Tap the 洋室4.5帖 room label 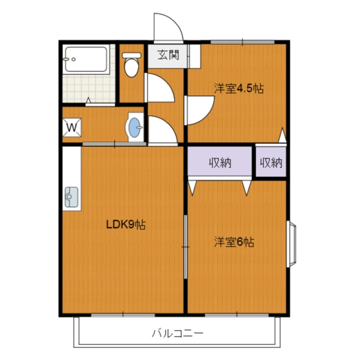point(239,89)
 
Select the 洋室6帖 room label point(235,242)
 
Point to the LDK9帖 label point(126,225)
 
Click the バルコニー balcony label point(177,332)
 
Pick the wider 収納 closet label point(220,162)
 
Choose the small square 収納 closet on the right point(271,162)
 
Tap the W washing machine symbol point(71,127)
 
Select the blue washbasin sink point(136,128)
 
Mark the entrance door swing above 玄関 point(165,28)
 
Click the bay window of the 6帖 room point(292,245)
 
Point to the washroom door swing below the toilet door point(160,128)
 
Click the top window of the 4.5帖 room point(242,41)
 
